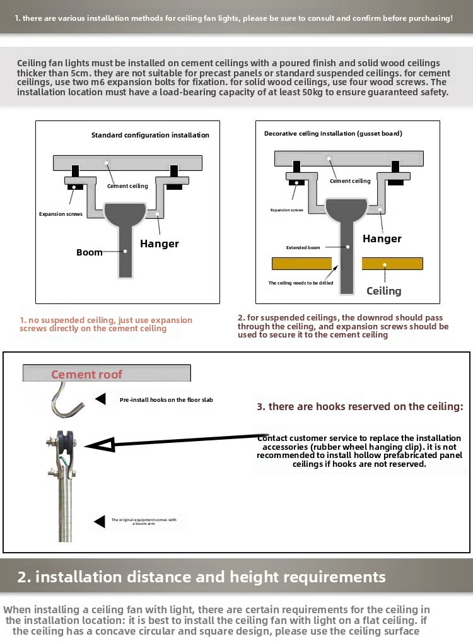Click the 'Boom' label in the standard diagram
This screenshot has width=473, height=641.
(x=90, y=252)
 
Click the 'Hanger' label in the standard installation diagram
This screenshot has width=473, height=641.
(x=160, y=244)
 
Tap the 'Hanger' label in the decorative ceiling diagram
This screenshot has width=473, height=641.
(x=382, y=238)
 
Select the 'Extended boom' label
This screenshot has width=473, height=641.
(x=303, y=248)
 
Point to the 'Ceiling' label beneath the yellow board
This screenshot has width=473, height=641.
(x=384, y=291)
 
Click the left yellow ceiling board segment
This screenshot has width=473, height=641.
(x=301, y=264)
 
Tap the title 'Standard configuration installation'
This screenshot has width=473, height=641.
(x=150, y=135)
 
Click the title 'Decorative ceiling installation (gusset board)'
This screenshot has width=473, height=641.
(x=333, y=134)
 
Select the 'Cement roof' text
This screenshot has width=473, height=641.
(x=87, y=374)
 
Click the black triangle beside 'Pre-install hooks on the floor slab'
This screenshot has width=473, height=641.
(x=100, y=399)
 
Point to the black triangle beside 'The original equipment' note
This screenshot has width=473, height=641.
(x=99, y=521)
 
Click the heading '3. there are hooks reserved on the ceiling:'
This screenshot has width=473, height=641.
(x=359, y=406)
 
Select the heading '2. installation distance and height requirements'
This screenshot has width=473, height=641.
(x=201, y=577)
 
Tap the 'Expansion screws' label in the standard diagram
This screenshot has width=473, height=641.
(x=61, y=215)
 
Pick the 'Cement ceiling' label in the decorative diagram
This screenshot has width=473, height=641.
(x=350, y=181)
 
